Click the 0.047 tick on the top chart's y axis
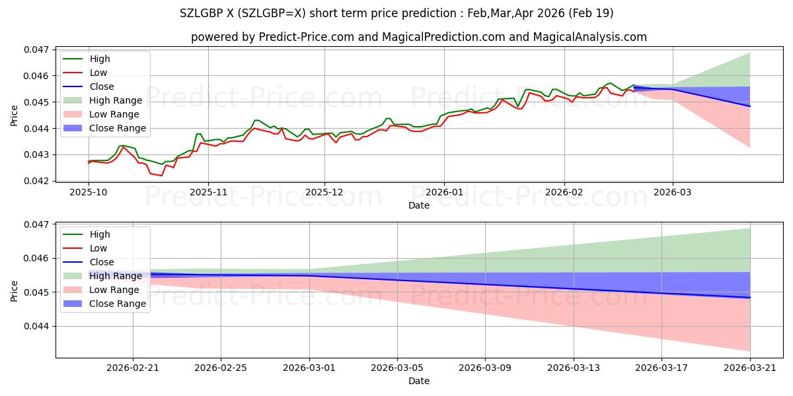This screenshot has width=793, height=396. pyautogui.click(x=36, y=49)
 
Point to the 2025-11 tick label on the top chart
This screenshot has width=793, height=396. pyautogui.click(x=208, y=192)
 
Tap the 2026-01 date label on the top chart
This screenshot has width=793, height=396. pyautogui.click(x=444, y=192)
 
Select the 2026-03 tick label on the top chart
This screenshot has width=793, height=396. pyautogui.click(x=672, y=192)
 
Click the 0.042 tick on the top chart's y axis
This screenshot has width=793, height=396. pyautogui.click(x=36, y=181)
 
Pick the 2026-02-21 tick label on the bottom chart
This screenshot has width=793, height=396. pyautogui.click(x=133, y=368)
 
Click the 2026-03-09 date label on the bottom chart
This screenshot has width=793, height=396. pyautogui.click(x=485, y=368)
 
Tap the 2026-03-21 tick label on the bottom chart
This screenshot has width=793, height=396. pyautogui.click(x=750, y=368)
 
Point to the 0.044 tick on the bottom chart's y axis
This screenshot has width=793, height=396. pyautogui.click(x=36, y=326)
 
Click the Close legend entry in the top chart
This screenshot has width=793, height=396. pyautogui.click(x=102, y=86)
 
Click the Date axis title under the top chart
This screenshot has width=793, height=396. pyautogui.click(x=419, y=205)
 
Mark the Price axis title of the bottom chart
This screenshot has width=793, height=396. pyautogui.click(x=14, y=291)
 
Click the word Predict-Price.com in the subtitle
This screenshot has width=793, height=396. pyautogui.click(x=306, y=37)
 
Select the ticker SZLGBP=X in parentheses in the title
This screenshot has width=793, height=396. pyautogui.click(x=271, y=13)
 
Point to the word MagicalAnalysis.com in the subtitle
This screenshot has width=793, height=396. pyautogui.click(x=589, y=37)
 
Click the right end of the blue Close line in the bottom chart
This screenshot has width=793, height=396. pyautogui.click(x=750, y=298)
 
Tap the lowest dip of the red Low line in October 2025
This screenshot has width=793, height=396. pyautogui.click(x=162, y=176)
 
